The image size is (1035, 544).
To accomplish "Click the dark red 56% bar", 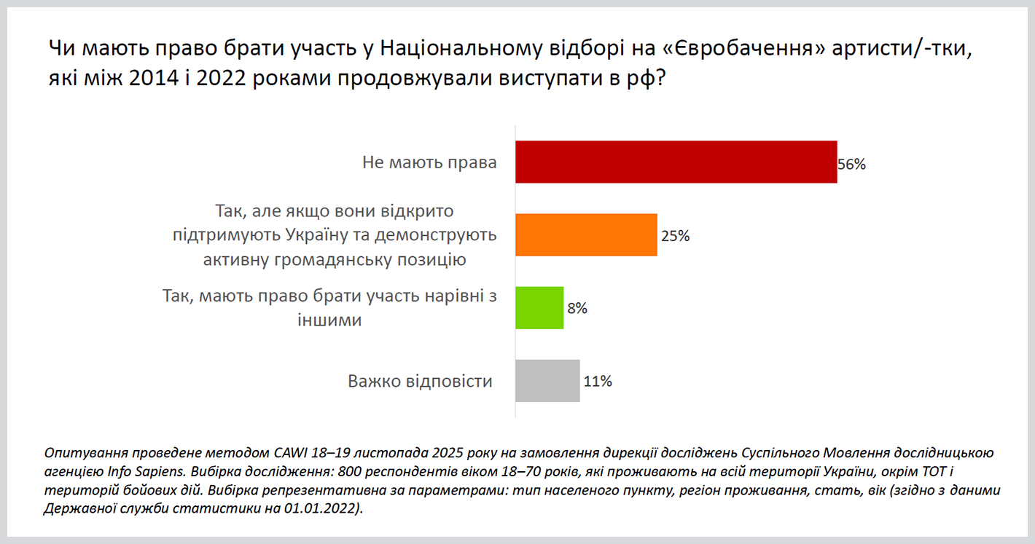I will (x=676, y=162).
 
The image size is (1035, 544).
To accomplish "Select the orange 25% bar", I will (x=586, y=235).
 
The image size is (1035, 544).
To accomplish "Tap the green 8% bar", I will (x=539, y=308).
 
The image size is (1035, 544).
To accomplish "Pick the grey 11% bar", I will (x=547, y=381).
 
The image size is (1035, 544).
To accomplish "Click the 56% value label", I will (x=851, y=165).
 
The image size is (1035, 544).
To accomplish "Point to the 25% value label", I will (x=675, y=236).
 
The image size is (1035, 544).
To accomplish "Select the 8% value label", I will (x=577, y=309).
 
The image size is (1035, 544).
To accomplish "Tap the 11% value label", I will (x=597, y=382).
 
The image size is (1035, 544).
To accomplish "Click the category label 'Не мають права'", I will (x=429, y=162).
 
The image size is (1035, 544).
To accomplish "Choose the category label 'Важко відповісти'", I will (x=420, y=381).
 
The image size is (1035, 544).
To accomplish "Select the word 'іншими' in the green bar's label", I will (x=330, y=319).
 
